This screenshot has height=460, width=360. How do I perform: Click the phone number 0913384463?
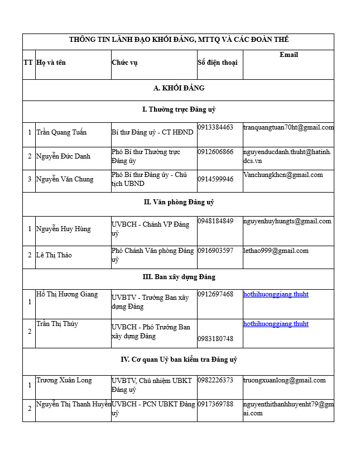[x=215, y=127]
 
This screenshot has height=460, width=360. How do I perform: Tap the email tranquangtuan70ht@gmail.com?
[x=288, y=127]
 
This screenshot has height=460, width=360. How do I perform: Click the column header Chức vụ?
[x=124, y=62]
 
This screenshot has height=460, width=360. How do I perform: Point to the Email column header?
[x=289, y=55]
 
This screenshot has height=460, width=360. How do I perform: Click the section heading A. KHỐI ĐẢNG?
[x=179, y=88]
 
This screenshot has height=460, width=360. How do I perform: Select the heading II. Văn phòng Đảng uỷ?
[x=179, y=202]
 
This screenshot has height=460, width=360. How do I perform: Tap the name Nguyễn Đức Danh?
[x=63, y=156]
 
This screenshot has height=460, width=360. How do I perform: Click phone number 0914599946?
[x=215, y=179]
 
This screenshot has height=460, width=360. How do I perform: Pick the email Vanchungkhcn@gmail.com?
[x=283, y=175]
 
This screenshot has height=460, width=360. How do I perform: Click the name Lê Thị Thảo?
[x=54, y=255]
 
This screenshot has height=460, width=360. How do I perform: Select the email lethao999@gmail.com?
[x=276, y=251]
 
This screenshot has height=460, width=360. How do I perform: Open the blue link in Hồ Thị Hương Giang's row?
[x=276, y=294]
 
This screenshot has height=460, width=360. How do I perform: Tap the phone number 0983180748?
[x=215, y=339]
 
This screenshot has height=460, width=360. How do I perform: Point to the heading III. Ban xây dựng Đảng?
[x=179, y=277]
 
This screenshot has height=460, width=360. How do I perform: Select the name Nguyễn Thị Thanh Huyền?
[x=74, y=404]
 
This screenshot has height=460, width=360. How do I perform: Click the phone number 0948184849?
[x=215, y=221]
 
